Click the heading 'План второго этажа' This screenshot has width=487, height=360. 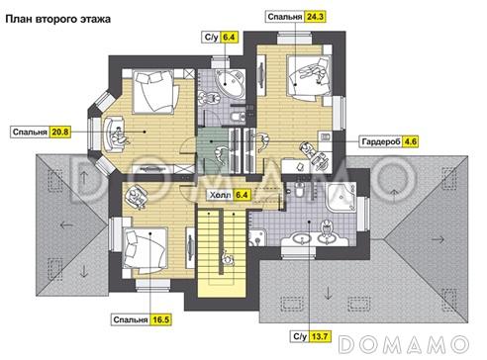tap(58, 19)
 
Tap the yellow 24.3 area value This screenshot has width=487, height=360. tap(315, 17)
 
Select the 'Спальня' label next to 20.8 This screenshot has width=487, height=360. tap(30, 133)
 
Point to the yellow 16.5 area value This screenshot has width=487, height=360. tap(161, 319)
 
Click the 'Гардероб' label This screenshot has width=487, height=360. tap(381, 141)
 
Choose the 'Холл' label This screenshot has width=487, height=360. tap(221, 195)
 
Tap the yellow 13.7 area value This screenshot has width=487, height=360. tap(320, 336)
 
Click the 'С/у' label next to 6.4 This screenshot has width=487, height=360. tap(211, 37)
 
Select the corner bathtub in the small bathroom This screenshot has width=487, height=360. tap(230, 82)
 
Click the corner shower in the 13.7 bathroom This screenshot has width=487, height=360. tap(341, 197)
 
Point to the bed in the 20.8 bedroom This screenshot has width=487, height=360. tap(153, 93)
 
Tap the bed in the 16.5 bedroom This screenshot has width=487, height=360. tap(145, 249)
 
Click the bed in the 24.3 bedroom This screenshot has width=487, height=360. tap(308, 77)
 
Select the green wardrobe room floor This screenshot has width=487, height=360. tap(213, 150)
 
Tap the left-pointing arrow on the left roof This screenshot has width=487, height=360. tap(66, 225)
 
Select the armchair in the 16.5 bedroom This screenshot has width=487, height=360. tap(136, 196)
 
